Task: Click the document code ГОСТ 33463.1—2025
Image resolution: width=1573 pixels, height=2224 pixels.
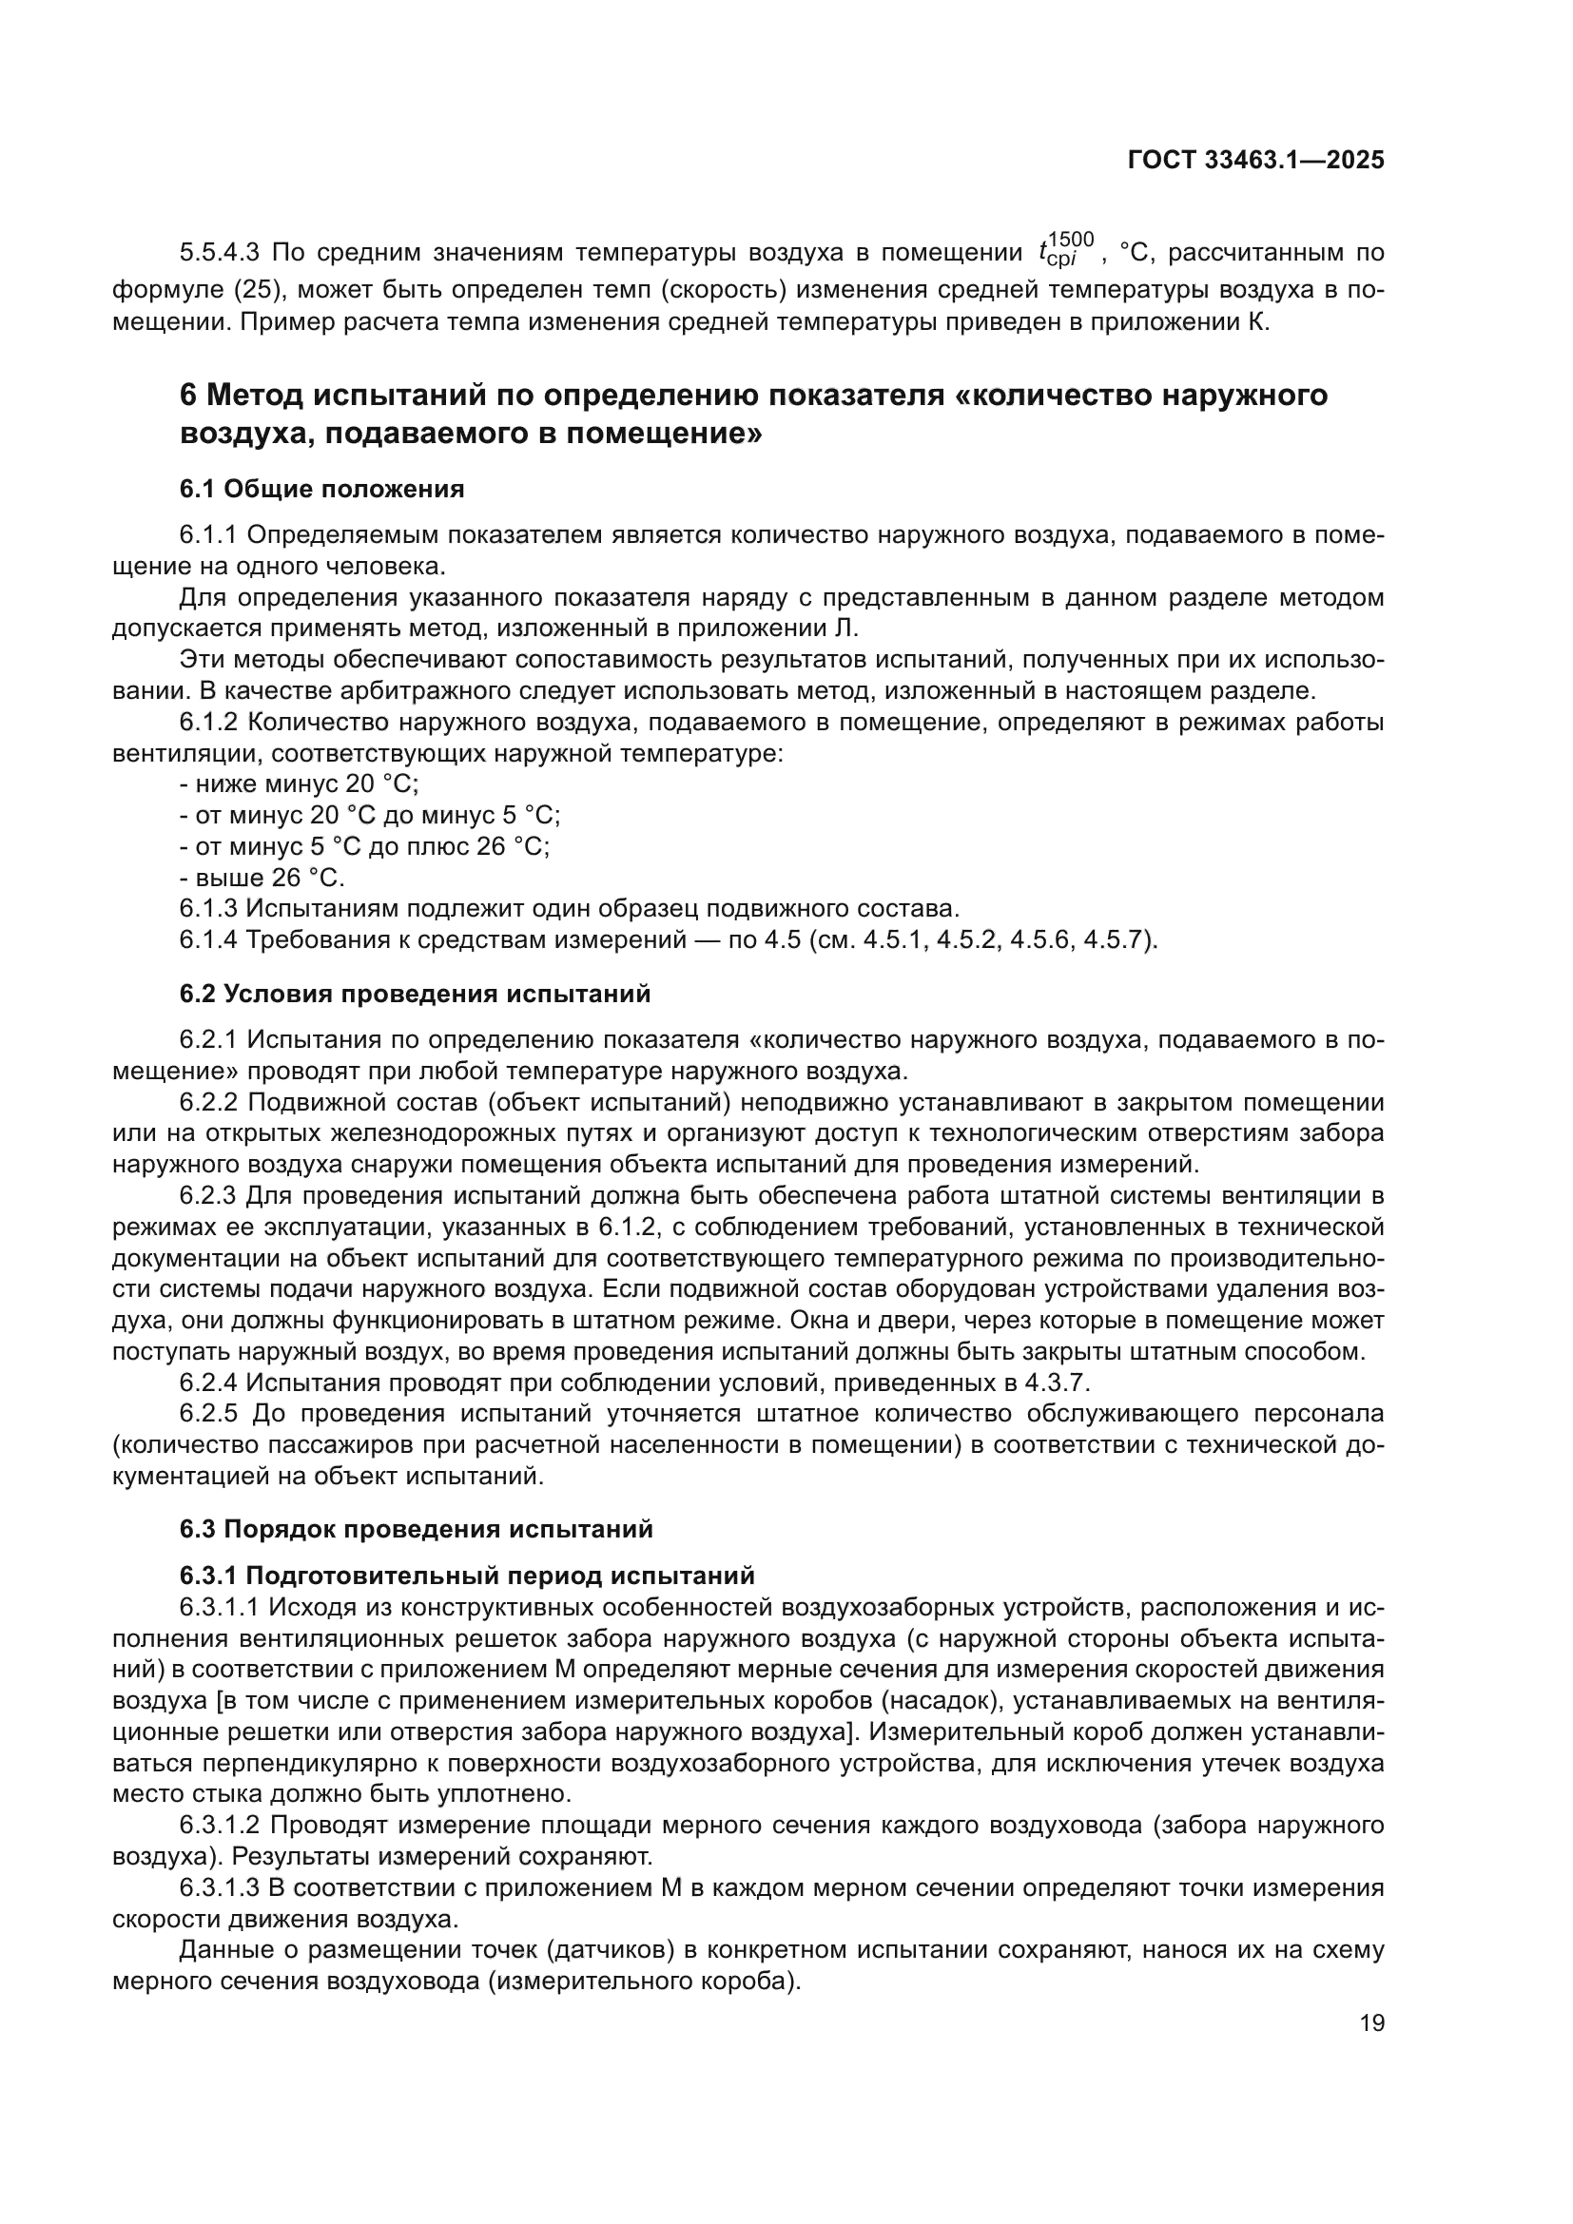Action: [x=1255, y=161]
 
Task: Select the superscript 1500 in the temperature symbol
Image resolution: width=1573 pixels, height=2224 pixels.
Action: [x=1071, y=240]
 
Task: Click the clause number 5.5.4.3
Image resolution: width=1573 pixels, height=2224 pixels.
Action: [x=220, y=254]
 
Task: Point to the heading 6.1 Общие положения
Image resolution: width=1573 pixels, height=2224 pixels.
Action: [x=321, y=489]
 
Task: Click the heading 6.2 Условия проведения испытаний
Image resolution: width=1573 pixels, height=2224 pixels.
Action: [x=415, y=994]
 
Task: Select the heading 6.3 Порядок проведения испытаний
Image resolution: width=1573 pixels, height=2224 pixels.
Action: [x=416, y=1530]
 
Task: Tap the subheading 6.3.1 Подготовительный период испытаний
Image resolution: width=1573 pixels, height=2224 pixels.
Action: [x=467, y=1576]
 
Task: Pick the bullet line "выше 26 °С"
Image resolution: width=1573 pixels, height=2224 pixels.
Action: [x=262, y=878]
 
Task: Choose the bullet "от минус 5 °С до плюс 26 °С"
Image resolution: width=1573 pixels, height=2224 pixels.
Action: [x=364, y=846]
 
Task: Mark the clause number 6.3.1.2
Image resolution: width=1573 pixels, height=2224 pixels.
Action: [x=220, y=1826]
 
